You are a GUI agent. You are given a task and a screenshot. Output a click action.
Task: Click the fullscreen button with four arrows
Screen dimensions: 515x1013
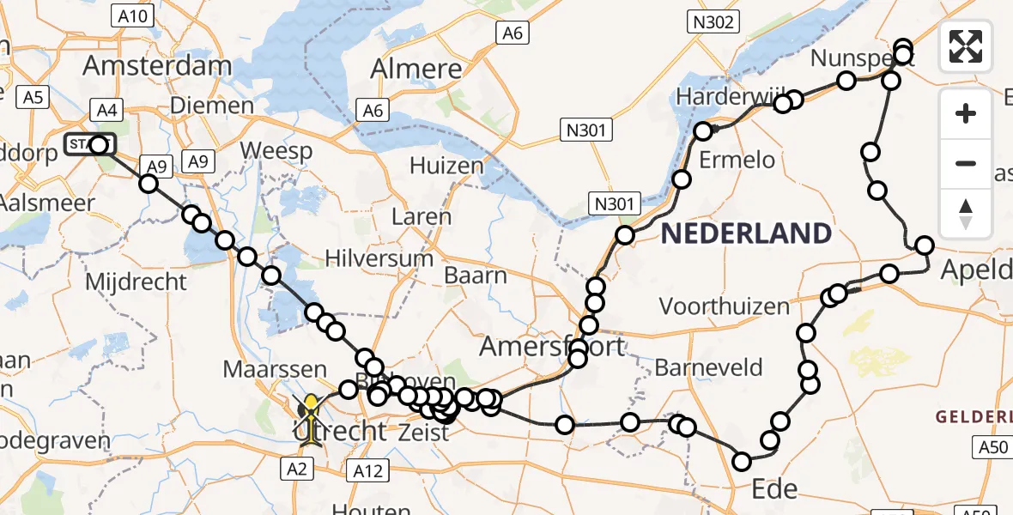point(966,46)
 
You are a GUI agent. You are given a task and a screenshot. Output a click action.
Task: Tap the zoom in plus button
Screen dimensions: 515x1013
point(966,113)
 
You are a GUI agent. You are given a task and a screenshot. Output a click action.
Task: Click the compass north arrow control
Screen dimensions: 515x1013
point(966,214)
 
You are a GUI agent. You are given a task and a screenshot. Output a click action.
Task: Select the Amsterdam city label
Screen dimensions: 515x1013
point(156,66)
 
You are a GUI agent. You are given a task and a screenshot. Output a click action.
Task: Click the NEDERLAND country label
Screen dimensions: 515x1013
point(746,233)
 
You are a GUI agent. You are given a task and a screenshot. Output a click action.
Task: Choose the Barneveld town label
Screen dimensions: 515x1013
point(708,367)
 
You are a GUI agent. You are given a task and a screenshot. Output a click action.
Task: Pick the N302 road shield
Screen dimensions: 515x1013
point(712,22)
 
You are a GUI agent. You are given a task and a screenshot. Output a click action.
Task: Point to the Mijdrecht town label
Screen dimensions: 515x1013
point(136,281)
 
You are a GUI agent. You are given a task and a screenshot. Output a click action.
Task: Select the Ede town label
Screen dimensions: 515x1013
point(773,489)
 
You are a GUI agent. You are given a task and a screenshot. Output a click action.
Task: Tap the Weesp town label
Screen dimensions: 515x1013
point(274,149)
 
